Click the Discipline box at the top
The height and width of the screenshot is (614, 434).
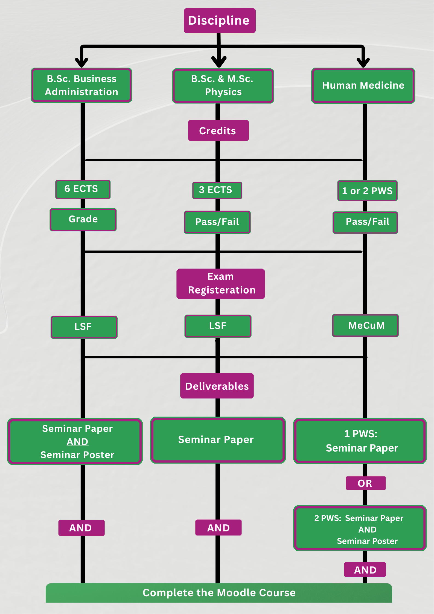point(219,21)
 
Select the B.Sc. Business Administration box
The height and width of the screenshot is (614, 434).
point(81,85)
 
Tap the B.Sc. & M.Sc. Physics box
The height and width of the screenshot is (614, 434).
point(223,86)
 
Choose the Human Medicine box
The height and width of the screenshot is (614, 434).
point(363,86)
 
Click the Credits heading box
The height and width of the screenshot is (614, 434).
point(218,131)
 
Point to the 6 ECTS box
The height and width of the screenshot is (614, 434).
point(83,189)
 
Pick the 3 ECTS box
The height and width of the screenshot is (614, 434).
point(217,190)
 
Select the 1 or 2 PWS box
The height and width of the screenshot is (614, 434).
point(367,191)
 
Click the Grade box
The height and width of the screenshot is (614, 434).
point(83,219)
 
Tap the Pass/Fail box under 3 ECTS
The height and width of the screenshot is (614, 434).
point(217,222)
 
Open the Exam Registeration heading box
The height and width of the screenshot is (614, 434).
point(220,284)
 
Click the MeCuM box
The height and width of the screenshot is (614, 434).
point(365,325)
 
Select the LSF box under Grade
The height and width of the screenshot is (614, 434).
point(84,327)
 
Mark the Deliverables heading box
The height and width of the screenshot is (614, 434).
point(217,386)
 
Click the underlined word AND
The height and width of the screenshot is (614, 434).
point(77,442)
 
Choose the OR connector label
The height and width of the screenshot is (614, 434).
point(365,483)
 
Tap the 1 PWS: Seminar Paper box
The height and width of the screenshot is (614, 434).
point(360,441)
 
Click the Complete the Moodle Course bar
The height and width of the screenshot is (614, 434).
point(219,593)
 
